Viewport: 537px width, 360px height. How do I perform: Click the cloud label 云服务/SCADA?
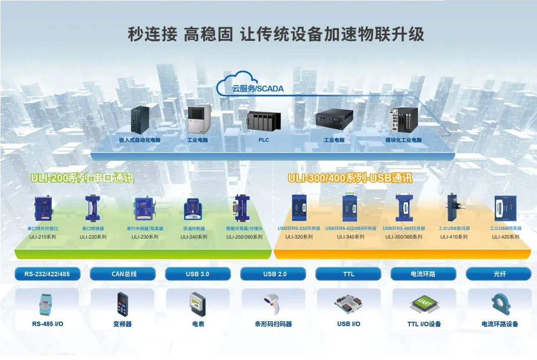(258, 89)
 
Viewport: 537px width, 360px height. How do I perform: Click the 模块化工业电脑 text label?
(403, 140)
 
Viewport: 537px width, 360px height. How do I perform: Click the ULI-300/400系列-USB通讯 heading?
(350, 178)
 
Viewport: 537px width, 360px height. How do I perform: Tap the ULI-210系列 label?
(42, 236)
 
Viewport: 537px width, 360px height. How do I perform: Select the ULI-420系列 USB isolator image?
(505, 208)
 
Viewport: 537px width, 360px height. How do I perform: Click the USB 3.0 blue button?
(198, 274)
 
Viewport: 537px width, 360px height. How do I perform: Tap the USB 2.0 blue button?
(273, 274)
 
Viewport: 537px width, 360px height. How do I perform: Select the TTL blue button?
(348, 274)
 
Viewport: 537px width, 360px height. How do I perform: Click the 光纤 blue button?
(499, 274)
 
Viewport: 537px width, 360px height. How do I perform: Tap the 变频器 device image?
(123, 304)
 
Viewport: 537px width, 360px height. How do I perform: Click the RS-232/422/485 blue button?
(47, 274)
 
